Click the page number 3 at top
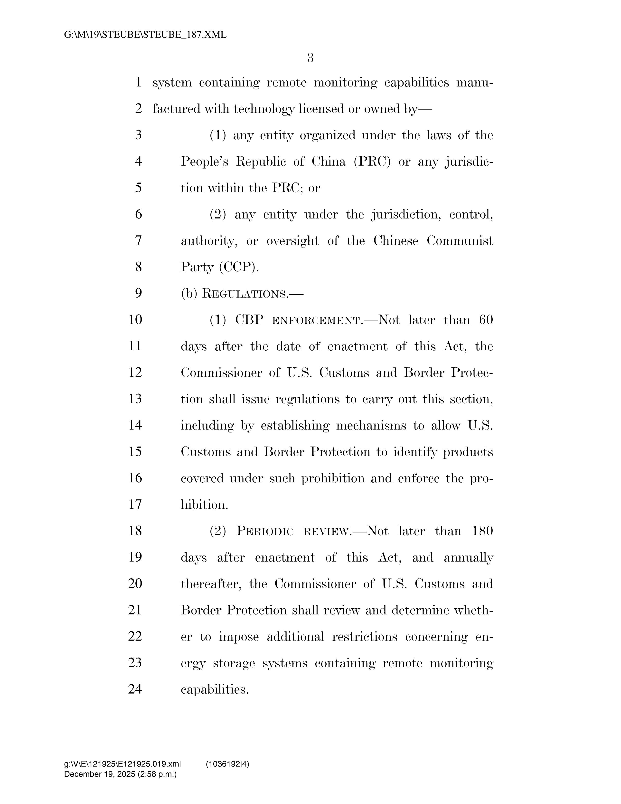pos(310,58)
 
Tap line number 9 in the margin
pos(138,293)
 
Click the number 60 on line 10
pos(486,320)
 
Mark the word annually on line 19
pos(468,558)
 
